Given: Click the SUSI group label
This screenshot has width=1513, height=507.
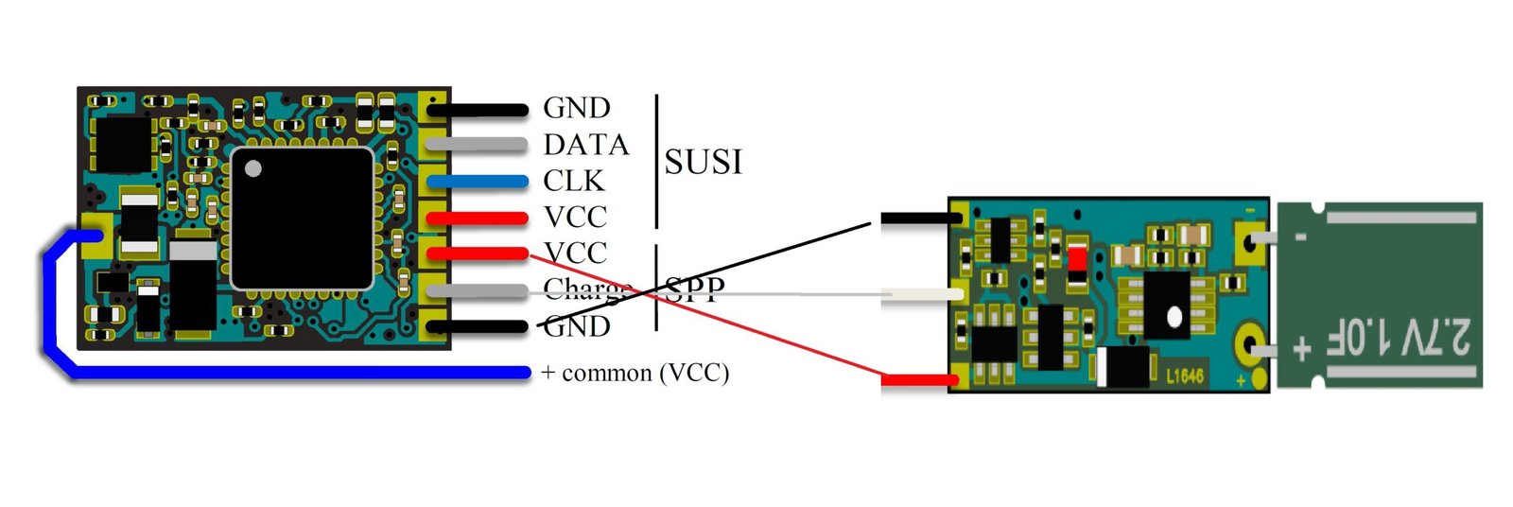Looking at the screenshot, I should pyautogui.click(x=703, y=162).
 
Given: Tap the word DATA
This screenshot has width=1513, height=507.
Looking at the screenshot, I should pyautogui.click(x=585, y=145).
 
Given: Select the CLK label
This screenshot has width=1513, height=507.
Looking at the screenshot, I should pyautogui.click(x=573, y=181).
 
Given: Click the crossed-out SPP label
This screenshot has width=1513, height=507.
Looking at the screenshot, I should pyautogui.click(x=695, y=289).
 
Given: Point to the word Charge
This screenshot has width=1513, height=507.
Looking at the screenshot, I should pyautogui.click(x=587, y=288).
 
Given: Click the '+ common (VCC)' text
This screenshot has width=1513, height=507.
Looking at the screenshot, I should pyautogui.click(x=635, y=373).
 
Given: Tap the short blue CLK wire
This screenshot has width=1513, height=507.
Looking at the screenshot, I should pyautogui.click(x=477, y=182).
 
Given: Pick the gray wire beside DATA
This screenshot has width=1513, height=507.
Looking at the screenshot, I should pyautogui.click(x=477, y=145).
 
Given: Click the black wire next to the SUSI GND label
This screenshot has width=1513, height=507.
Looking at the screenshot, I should pyautogui.click(x=477, y=110).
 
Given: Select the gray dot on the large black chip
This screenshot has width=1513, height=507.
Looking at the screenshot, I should pyautogui.click(x=252, y=169).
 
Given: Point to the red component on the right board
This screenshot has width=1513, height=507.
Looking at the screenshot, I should pyautogui.click(x=1076, y=257).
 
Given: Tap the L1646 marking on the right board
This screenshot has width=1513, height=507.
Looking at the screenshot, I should pyautogui.click(x=1184, y=376).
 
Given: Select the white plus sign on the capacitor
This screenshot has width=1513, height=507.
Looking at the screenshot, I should pyautogui.click(x=1301, y=349).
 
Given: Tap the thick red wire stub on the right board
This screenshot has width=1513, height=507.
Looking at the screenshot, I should pyautogui.click(x=918, y=380).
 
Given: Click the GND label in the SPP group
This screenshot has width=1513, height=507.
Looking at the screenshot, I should pyautogui.click(x=577, y=326).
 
